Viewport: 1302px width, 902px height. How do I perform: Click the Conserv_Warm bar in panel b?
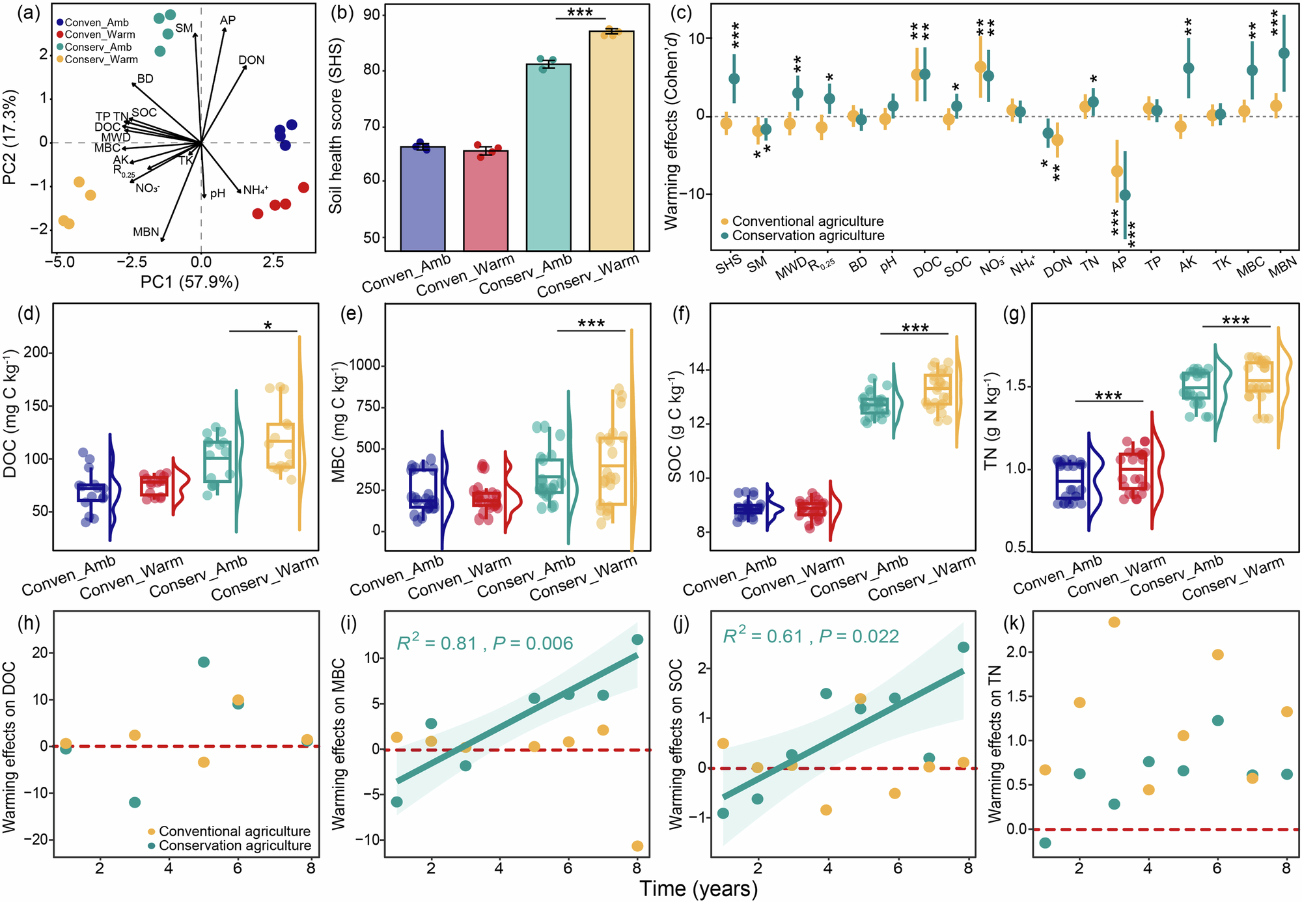pyautogui.click(x=611, y=141)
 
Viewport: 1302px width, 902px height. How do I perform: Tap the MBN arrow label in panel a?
pyautogui.click(x=146, y=232)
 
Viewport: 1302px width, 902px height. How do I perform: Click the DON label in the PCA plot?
pyautogui.click(x=251, y=61)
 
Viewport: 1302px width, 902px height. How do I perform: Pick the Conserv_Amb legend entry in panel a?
pyautogui.click(x=98, y=47)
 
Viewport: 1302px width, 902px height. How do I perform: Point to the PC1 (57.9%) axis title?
pyautogui.click(x=190, y=282)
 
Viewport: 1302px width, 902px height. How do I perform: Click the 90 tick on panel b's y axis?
pyautogui.click(x=374, y=15)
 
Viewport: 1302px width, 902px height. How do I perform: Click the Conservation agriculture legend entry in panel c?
pyautogui.click(x=807, y=236)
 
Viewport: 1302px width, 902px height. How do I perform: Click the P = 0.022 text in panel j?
pyautogui.click(x=859, y=636)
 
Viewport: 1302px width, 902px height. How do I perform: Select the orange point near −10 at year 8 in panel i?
pyautogui.click(x=637, y=846)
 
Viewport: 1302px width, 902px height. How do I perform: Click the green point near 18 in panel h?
pyautogui.click(x=203, y=663)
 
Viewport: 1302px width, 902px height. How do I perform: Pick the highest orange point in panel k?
pyautogui.click(x=1114, y=622)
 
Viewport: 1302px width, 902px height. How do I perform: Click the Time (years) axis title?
pyautogui.click(x=699, y=889)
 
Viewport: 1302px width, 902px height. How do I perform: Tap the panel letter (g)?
pyautogui.click(x=1014, y=315)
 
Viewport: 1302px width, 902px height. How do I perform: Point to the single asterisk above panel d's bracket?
pyautogui.click(x=268, y=325)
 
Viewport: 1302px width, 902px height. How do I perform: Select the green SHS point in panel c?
pyautogui.click(x=734, y=79)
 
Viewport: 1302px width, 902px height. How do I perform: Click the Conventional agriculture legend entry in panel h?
pyautogui.click(x=233, y=831)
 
